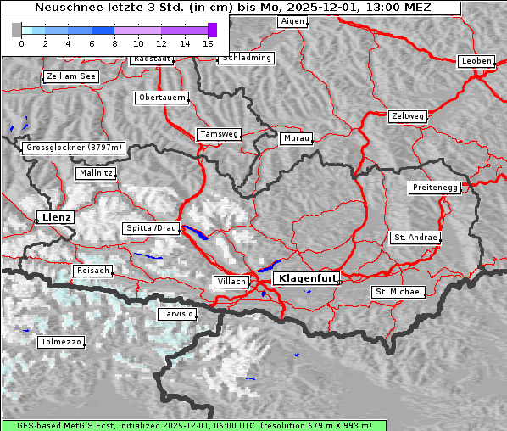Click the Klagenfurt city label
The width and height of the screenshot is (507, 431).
click(308, 278)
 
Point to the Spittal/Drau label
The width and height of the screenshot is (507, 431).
click(152, 228)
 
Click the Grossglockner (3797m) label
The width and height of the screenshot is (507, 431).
click(75, 148)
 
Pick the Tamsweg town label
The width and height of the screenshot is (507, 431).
click(220, 134)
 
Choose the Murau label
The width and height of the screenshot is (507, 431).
click(297, 137)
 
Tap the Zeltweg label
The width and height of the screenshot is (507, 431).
click(407, 115)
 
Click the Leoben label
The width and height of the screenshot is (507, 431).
click(476, 61)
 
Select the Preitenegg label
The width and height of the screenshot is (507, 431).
click(435, 187)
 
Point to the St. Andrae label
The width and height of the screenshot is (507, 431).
click(415, 238)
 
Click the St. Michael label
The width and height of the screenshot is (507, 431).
click(398, 292)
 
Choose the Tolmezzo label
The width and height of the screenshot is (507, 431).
click(61, 343)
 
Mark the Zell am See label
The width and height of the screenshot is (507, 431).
click(70, 76)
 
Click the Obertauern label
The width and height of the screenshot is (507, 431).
click(162, 98)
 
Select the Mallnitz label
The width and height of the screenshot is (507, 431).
click(95, 173)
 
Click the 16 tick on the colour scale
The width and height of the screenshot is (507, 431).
click(209, 42)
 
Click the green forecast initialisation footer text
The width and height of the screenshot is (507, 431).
click(253, 425)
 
